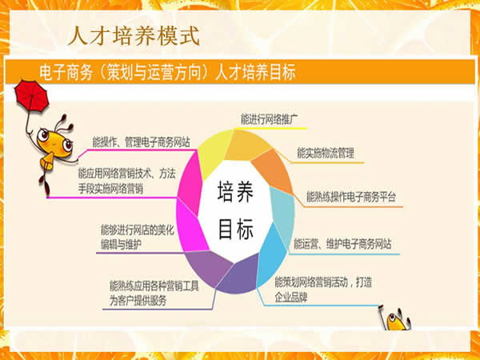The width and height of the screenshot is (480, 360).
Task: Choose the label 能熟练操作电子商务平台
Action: pyautogui.click(x=350, y=196)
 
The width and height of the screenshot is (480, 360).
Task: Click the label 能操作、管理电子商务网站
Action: pyautogui.click(x=142, y=142)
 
